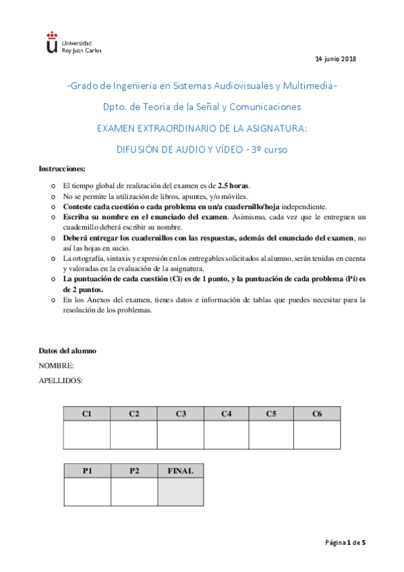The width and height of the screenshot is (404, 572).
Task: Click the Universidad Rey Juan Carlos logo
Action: click(73, 42)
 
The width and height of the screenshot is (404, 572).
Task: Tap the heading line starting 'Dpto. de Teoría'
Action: click(202, 107)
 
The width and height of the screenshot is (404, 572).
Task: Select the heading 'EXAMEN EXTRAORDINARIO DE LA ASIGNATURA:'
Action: click(202, 128)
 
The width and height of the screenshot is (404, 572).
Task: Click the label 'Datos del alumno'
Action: click(67, 351)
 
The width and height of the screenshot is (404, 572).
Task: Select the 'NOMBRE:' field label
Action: click(56, 366)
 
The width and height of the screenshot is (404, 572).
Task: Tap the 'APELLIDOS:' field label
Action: click(61, 380)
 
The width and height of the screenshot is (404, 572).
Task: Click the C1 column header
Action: click(87, 413)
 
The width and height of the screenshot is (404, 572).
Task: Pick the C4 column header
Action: click(226, 413)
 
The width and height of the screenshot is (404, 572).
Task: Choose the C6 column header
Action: click(317, 413)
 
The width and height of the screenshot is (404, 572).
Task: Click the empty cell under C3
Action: click(180, 435)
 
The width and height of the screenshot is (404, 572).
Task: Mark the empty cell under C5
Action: click(271, 435)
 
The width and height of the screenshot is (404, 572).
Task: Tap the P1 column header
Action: click(87, 471)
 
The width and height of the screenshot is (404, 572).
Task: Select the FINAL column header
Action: click(180, 471)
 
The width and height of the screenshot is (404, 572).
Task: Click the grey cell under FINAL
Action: click(180, 492)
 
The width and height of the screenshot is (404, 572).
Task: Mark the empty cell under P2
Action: click(134, 492)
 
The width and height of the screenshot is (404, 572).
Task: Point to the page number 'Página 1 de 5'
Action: click(345, 542)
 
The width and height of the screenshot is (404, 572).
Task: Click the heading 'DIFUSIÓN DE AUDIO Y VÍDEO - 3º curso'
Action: click(202, 150)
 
